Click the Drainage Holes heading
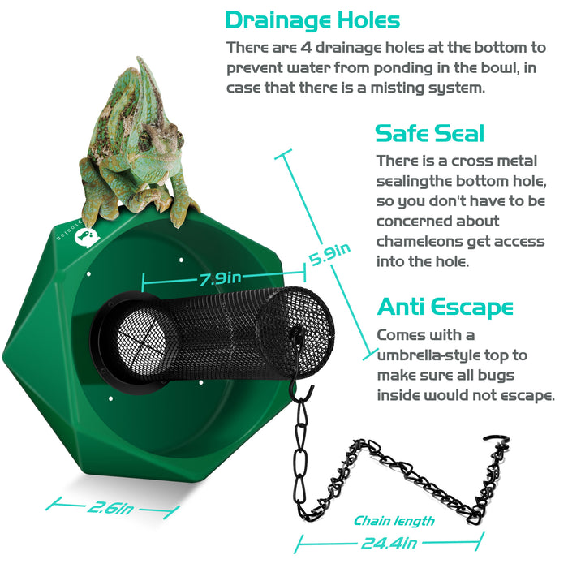click(312, 20)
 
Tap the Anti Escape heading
click(445, 308)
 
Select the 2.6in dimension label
click(111, 509)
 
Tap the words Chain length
click(394, 521)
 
